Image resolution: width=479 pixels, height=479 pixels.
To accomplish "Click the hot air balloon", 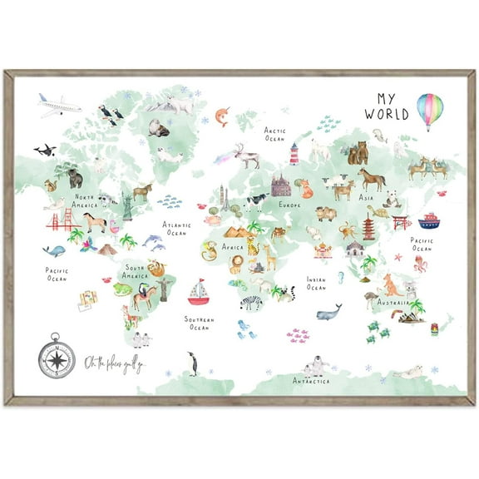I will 430,110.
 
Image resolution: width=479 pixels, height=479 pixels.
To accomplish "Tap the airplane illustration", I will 58,105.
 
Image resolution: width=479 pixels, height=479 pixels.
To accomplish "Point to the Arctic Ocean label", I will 275,134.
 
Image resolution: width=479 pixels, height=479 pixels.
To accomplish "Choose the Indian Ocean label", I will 316,284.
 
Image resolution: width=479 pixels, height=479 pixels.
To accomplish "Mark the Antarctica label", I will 310,382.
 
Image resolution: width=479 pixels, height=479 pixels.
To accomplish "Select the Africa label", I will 232,247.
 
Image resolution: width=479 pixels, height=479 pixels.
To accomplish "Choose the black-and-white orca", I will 45,151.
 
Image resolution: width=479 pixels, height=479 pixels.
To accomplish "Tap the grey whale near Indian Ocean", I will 329,313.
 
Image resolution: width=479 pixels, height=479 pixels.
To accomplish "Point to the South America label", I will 136,271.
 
